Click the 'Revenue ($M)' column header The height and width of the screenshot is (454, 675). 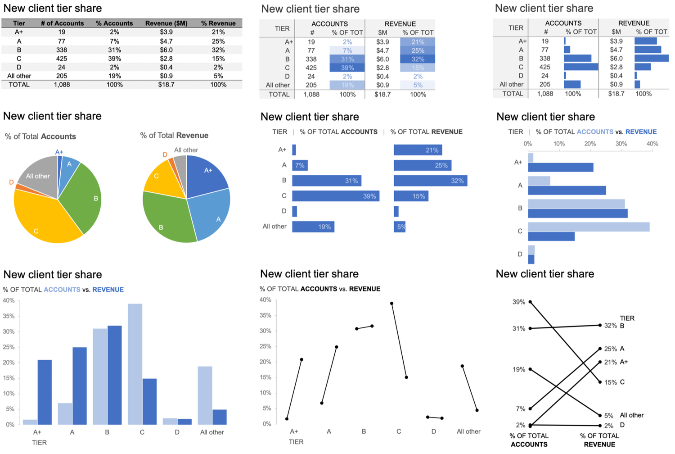166,23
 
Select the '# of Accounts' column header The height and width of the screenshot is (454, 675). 62,23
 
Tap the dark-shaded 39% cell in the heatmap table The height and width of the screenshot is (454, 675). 347,68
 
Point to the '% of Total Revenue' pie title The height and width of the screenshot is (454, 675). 174,136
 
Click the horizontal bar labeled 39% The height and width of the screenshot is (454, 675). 335,196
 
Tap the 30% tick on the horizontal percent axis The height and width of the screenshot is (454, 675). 621,144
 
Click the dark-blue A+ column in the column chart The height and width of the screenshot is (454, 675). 45,392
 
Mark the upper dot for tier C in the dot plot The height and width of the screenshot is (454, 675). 391,304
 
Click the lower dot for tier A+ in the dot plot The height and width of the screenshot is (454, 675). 287,419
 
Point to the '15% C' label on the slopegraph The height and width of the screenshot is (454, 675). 614,382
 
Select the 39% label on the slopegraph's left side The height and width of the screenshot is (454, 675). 518,302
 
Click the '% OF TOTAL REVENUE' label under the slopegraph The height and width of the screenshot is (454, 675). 599,440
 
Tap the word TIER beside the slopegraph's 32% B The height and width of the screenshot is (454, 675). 627,318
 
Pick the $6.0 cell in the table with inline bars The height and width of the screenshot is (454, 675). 616,59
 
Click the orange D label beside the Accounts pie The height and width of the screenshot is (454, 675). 11,182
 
